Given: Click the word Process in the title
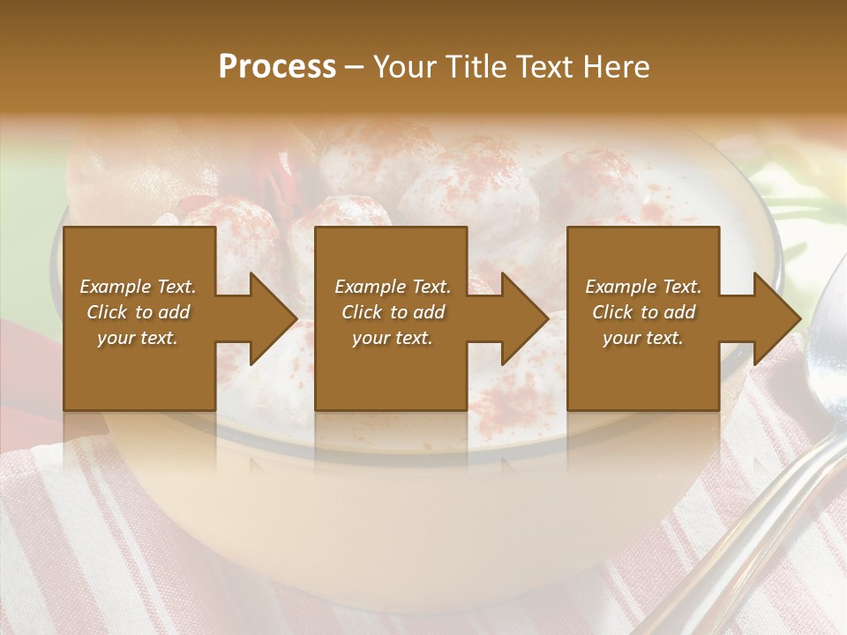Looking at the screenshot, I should (x=277, y=67).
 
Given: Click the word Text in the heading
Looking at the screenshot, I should (x=548, y=67).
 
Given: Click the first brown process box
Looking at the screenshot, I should (x=139, y=379).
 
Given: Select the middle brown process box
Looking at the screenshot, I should (x=391, y=379).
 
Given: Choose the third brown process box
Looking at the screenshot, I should (x=642, y=379).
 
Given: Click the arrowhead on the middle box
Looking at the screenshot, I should (x=524, y=318).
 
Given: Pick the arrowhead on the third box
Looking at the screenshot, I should (x=776, y=318).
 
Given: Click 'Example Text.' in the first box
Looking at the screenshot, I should (x=138, y=287).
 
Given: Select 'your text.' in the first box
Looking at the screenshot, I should (x=138, y=338).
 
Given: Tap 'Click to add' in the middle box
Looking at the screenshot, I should (x=393, y=312).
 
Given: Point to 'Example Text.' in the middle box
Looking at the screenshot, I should (x=393, y=287).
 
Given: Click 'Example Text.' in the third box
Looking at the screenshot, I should (x=643, y=287).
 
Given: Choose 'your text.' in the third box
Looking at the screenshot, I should (x=643, y=338).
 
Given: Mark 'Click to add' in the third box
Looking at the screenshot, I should (x=643, y=312).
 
